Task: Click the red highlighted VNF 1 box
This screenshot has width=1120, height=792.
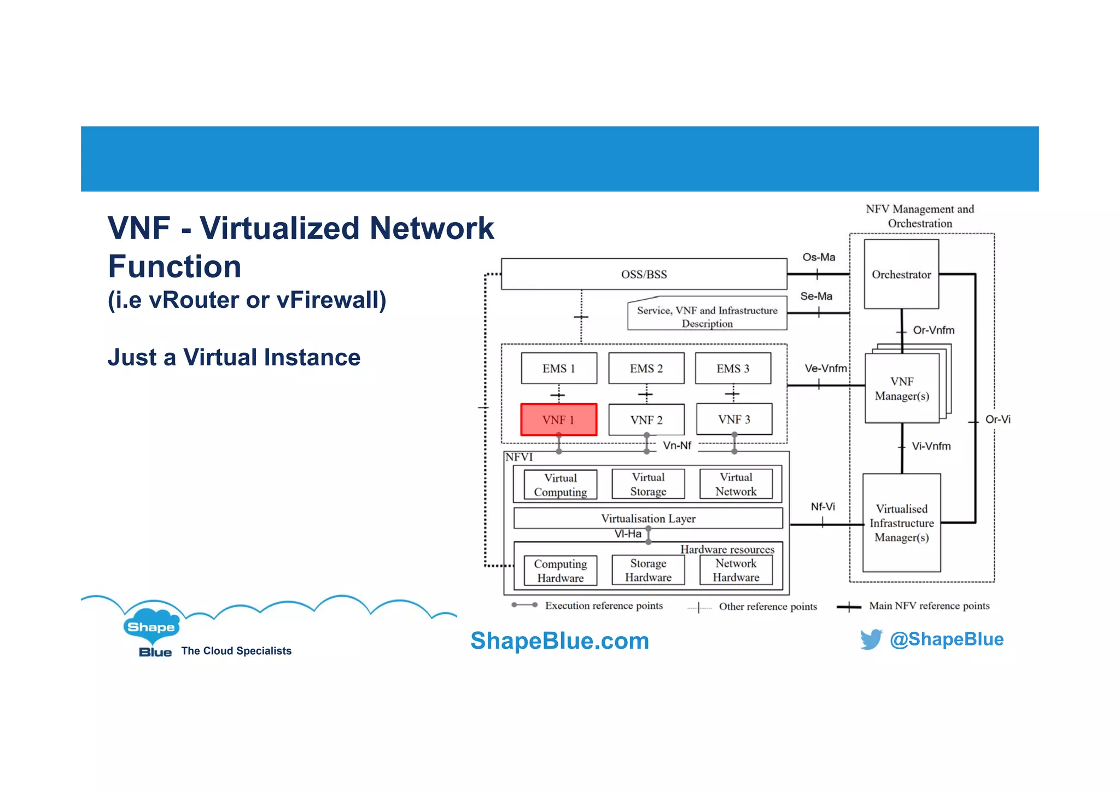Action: tap(558, 420)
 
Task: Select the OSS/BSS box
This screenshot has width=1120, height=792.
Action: tap(644, 274)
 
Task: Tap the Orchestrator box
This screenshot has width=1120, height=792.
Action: tap(901, 274)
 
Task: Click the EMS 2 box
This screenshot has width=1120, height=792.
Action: tap(646, 368)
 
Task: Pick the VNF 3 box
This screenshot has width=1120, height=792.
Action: tap(734, 419)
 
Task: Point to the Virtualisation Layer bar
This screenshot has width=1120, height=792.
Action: tap(648, 518)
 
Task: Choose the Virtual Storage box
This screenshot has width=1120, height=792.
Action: tap(648, 484)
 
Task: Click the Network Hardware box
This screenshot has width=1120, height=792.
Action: tap(736, 570)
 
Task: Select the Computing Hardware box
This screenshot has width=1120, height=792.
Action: tap(560, 570)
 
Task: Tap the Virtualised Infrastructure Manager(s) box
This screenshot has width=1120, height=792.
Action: tap(901, 523)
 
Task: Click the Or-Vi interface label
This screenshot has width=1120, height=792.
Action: tap(997, 420)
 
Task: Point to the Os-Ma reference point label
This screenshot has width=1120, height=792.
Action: tap(819, 257)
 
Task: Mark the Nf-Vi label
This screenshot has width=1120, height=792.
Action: tap(822, 506)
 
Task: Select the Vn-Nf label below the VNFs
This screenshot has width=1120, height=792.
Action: tap(677, 446)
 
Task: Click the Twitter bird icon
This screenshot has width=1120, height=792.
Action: tap(871, 639)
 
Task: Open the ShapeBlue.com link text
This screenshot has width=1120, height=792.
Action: tap(559, 640)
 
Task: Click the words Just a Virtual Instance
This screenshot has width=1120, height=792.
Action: tap(234, 357)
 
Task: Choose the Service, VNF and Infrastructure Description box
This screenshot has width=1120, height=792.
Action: tap(707, 316)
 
